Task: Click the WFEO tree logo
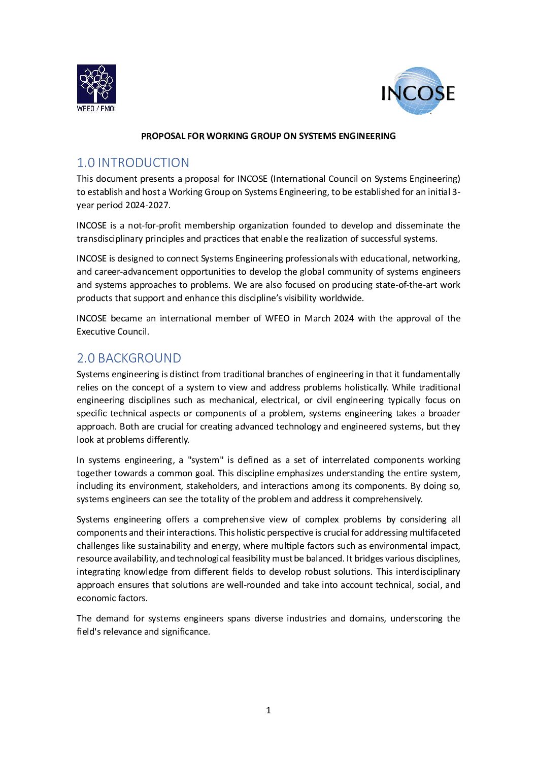tap(96, 84)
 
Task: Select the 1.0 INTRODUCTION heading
tap(133, 162)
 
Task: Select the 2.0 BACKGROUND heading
tap(129, 358)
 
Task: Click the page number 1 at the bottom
tap(268, 710)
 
